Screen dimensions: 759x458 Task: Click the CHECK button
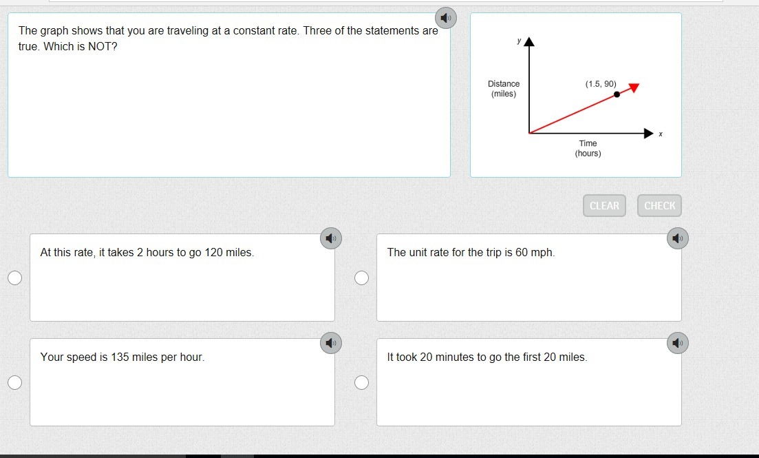(x=659, y=205)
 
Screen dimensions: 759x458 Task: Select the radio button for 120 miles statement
(x=15, y=278)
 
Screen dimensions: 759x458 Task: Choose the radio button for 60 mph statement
(x=361, y=278)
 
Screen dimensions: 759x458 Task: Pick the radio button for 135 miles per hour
(x=15, y=382)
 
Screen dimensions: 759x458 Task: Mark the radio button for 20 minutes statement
(x=361, y=382)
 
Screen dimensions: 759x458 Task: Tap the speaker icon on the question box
(x=446, y=19)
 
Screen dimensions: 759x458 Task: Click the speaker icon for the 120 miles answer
(x=331, y=238)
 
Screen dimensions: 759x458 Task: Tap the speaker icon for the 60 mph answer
(x=678, y=238)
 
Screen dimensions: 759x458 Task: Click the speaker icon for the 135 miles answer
(x=331, y=343)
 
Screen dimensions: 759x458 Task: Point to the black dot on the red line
(x=617, y=94)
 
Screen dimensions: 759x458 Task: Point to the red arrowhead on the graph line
(x=634, y=87)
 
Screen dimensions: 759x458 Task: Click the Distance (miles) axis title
(x=504, y=89)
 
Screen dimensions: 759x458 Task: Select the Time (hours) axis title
(x=588, y=148)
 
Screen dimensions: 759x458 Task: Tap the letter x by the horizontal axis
(x=661, y=134)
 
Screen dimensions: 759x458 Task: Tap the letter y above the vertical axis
(x=519, y=41)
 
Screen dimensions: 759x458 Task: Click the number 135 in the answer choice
(x=120, y=357)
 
